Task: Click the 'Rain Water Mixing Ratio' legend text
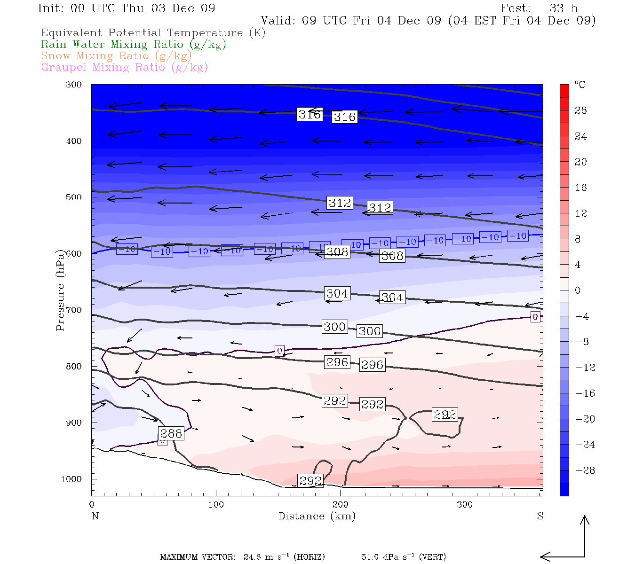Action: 134,45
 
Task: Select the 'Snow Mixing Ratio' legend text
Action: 116,56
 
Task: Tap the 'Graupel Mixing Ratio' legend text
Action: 124,68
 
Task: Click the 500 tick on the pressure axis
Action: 74,197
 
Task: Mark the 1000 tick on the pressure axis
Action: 71,479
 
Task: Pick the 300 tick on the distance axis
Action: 465,505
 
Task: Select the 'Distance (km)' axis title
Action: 317,516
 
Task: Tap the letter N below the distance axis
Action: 95,516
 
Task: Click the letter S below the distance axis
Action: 540,516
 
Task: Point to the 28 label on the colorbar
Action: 581,110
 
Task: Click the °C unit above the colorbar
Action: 579,85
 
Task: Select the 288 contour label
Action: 171,433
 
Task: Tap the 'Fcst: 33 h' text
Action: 539,8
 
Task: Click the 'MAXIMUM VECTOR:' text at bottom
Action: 198,557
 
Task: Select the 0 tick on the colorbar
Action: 578,290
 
